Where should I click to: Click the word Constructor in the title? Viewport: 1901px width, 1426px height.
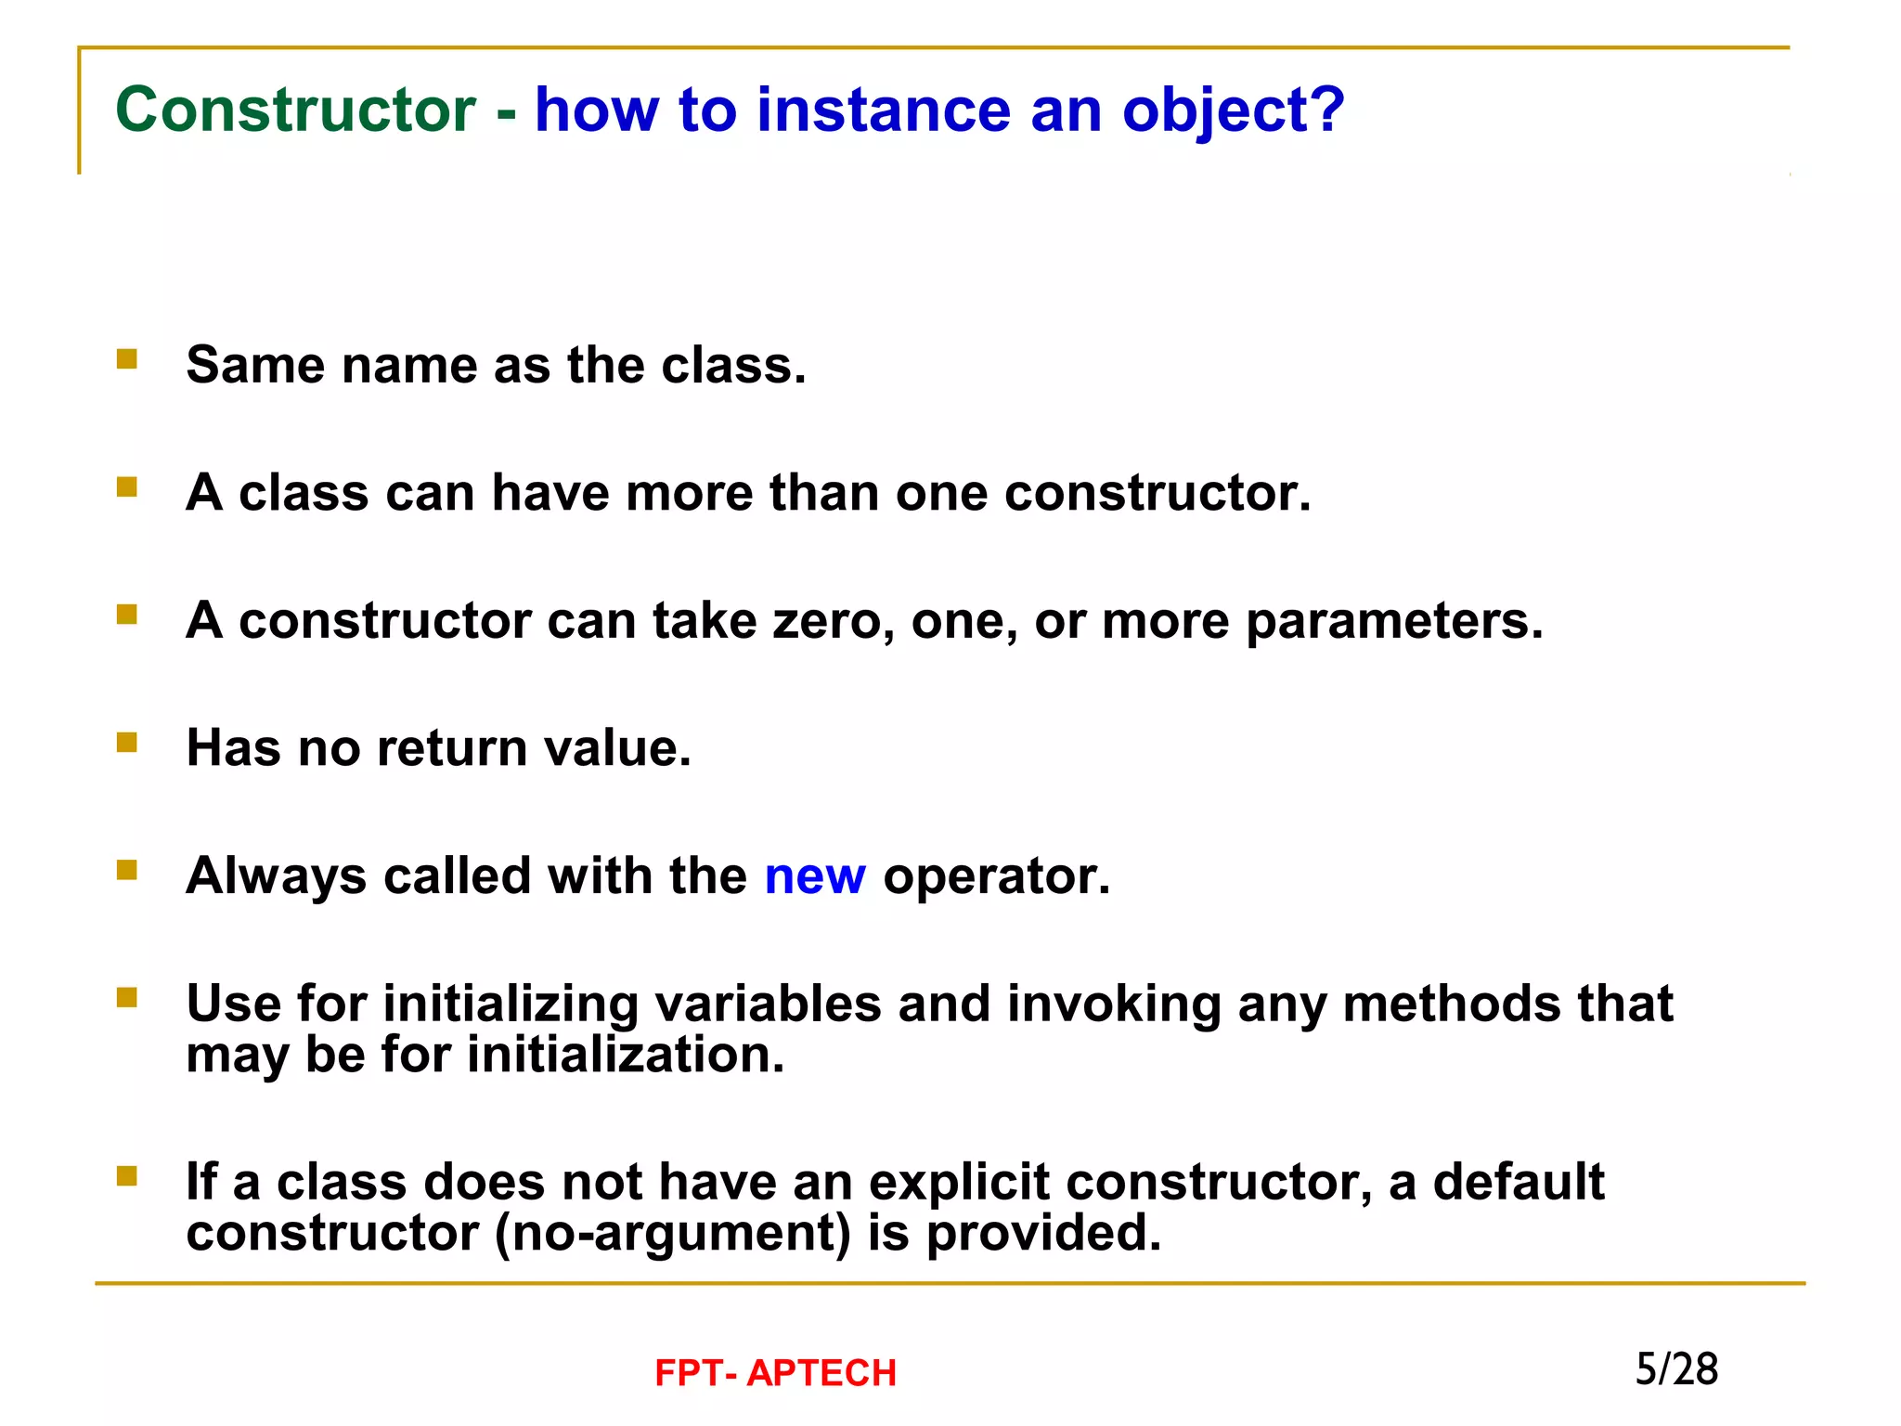295,110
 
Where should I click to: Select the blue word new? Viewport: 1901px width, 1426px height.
814,876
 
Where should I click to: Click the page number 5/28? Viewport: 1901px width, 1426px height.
1675,1369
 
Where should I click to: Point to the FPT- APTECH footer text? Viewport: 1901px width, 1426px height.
775,1373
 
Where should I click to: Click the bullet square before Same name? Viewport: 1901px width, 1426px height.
127,359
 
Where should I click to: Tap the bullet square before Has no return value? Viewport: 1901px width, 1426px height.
127,742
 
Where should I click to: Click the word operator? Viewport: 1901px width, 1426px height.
996,876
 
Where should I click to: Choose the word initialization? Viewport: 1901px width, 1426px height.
626,1056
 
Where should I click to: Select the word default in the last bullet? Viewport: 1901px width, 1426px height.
1518,1182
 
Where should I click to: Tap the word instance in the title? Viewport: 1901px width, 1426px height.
883,110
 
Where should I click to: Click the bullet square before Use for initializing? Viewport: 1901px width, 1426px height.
127,997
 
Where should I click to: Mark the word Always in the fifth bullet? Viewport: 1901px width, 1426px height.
276,876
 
